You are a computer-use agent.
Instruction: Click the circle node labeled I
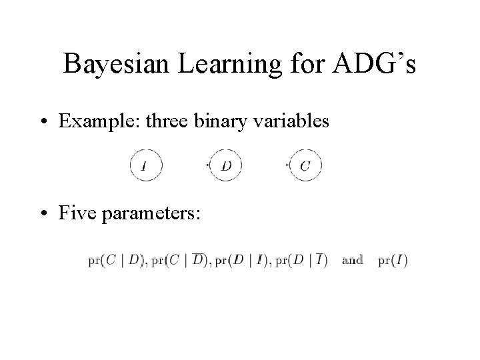[146, 165]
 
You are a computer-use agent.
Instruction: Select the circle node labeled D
[225, 165]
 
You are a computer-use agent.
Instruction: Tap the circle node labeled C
[305, 165]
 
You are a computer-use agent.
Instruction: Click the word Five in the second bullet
[75, 214]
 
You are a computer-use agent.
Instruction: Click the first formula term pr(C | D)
[111, 260]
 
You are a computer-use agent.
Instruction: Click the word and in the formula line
[352, 260]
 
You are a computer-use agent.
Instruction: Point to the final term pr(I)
[391, 260]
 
